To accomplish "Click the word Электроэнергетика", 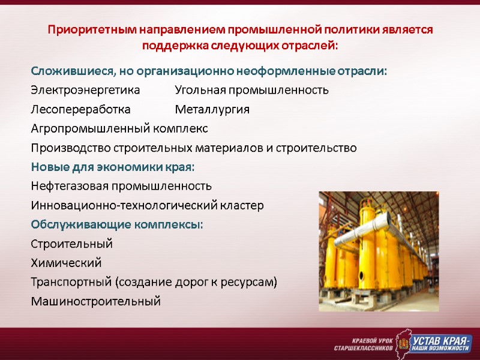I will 85,91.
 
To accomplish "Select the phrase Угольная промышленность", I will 251,91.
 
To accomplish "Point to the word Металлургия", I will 212,110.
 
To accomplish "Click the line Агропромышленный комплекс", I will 119,129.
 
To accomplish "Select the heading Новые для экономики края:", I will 113,167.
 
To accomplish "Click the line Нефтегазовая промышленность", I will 121,186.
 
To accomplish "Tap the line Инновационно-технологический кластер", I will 147,206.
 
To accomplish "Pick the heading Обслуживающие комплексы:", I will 117,225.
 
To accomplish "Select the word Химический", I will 66,263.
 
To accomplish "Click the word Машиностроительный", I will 95,301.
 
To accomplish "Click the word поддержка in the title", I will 171,45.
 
